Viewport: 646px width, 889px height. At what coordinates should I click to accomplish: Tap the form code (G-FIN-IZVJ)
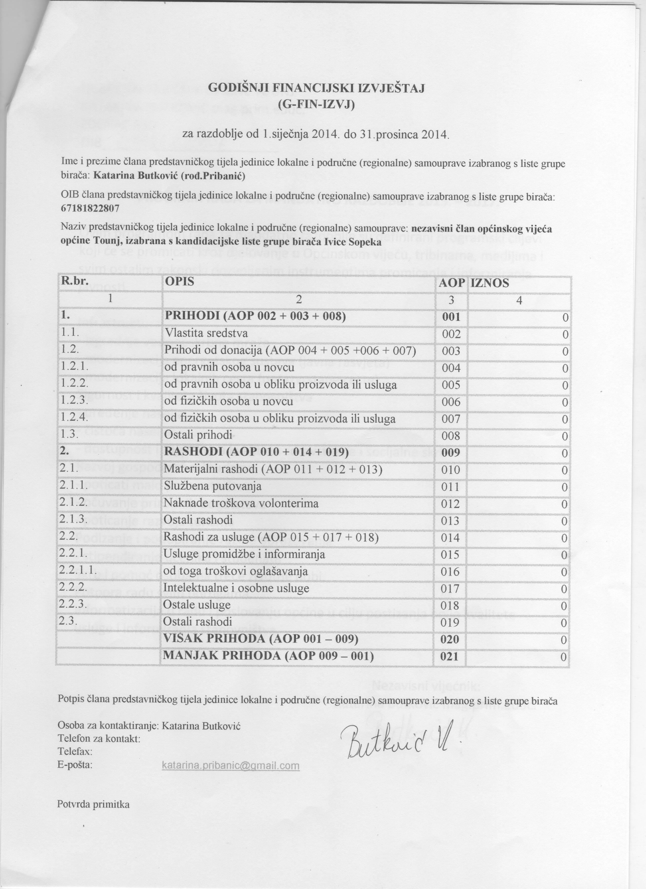pyautogui.click(x=316, y=105)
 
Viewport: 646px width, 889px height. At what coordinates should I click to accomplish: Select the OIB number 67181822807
pyautogui.click(x=90, y=208)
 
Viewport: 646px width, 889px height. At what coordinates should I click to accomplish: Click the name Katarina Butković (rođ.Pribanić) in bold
pyautogui.click(x=169, y=176)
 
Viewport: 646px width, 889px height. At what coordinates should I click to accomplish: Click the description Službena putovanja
pyautogui.click(x=213, y=487)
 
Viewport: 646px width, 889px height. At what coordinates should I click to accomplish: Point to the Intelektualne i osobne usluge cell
pyautogui.click(x=236, y=588)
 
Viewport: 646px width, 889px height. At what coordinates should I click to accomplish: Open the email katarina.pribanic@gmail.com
pyautogui.click(x=231, y=765)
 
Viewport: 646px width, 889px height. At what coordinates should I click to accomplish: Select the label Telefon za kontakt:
pyautogui.click(x=99, y=739)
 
